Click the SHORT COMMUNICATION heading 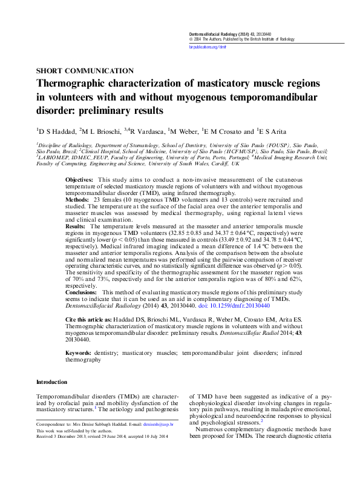click(x=85, y=71)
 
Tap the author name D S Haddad click(x=57, y=131)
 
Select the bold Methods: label click(x=77, y=199)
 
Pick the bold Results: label click(x=76, y=225)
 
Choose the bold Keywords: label click(x=79, y=352)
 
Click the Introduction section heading click(x=52, y=382)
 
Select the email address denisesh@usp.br click(x=176, y=425)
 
